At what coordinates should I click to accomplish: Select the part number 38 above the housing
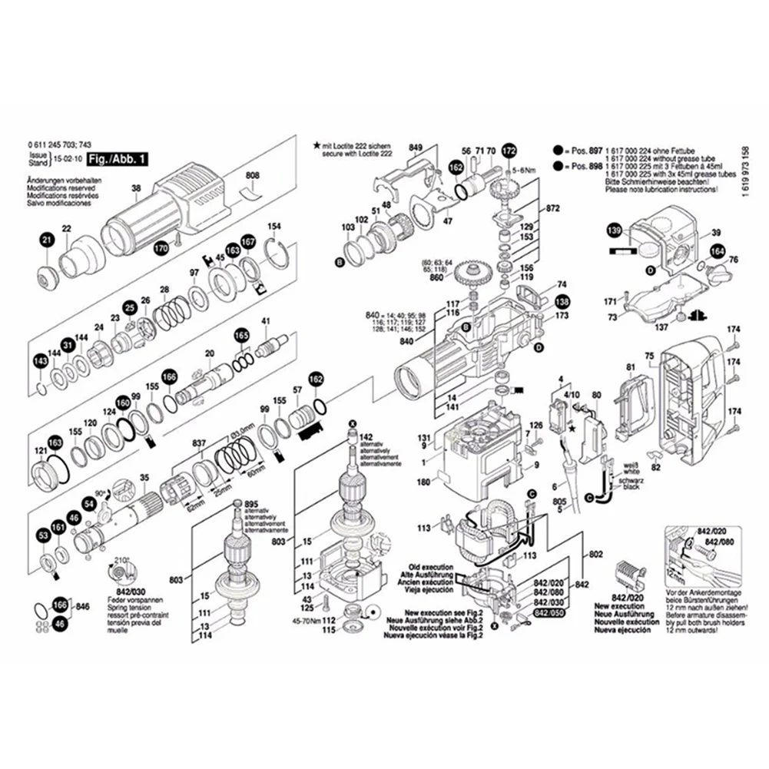(136, 190)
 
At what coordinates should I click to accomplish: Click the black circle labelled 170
(161, 248)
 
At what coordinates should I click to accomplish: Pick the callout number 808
(253, 177)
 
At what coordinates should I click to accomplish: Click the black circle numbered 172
(508, 151)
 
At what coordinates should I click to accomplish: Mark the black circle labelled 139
(613, 230)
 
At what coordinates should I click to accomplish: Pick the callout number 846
(84, 606)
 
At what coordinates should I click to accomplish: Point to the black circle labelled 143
(40, 362)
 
